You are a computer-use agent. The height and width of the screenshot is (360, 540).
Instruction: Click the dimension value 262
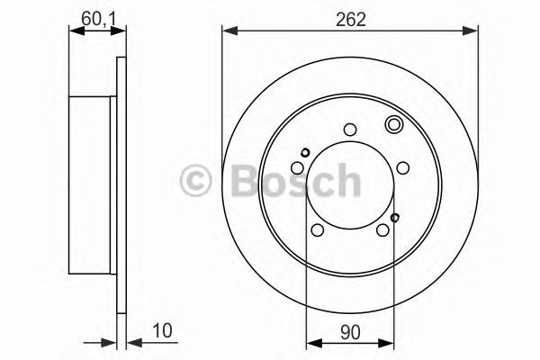[351, 20]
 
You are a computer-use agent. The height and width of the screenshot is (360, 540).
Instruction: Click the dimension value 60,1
[98, 19]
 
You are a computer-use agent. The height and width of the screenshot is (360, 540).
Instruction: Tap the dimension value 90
[350, 332]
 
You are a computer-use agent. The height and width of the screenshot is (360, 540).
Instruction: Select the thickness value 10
[162, 330]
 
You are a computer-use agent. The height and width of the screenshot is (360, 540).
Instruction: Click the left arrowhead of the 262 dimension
[230, 31]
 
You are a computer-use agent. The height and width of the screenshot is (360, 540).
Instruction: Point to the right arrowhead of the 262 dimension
[470, 31]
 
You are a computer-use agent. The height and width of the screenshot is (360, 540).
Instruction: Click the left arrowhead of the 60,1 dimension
[76, 31]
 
